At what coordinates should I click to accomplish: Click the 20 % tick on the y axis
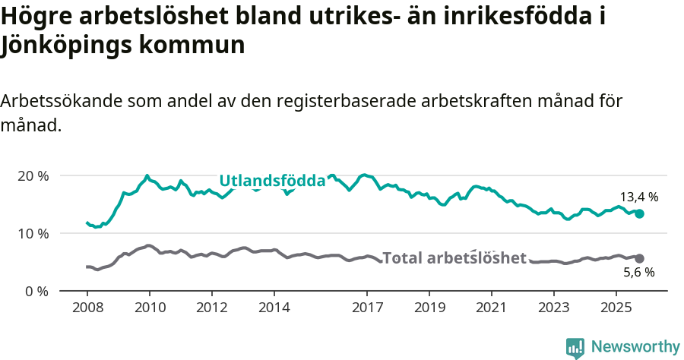coord(33,175)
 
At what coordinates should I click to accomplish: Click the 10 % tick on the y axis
coord(33,233)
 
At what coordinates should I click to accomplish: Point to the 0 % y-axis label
coord(36,291)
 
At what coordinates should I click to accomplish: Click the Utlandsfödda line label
coord(272,181)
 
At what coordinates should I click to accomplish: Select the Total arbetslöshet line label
coord(454,258)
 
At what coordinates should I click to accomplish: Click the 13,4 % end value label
coord(639,197)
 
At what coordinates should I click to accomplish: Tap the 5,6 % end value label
coord(638,273)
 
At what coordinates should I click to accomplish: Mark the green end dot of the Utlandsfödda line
coord(640,214)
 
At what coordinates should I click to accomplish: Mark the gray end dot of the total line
coord(640,259)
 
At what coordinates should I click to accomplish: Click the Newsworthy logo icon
coord(575,347)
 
